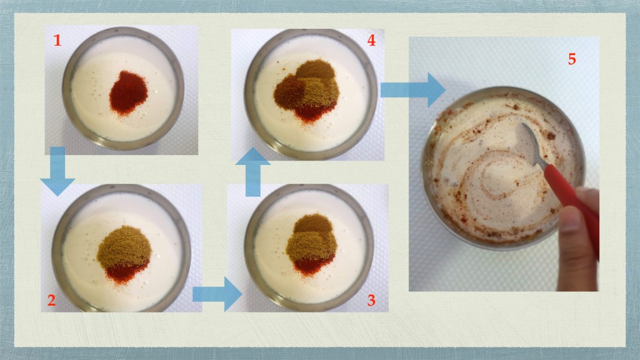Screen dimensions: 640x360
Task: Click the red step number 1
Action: click(57, 41)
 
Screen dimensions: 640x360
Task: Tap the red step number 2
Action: click(51, 301)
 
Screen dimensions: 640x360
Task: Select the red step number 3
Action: click(371, 301)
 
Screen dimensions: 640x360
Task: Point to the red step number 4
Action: click(371, 41)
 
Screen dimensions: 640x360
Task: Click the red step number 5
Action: click(572, 59)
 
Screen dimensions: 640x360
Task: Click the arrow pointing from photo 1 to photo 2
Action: click(57, 171)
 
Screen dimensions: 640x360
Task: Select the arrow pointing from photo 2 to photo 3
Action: click(217, 294)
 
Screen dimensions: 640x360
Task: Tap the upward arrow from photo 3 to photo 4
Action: click(253, 172)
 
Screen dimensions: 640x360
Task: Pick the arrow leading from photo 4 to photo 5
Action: click(413, 90)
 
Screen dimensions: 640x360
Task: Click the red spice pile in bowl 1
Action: click(128, 93)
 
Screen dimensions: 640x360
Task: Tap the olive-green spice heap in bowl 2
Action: click(124, 246)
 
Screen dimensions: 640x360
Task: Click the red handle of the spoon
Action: click(572, 204)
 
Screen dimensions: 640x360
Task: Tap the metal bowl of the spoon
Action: click(531, 139)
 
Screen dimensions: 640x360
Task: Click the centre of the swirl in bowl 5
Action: click(497, 176)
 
